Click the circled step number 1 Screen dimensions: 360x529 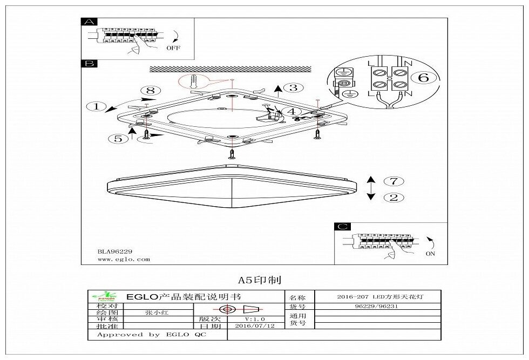(97, 106)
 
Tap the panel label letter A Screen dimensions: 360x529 (89, 22)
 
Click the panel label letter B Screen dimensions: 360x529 (89, 64)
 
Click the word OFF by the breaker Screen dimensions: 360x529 (173, 47)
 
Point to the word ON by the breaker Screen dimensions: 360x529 (431, 254)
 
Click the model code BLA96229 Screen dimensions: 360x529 (114, 251)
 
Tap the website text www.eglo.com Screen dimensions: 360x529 (124, 260)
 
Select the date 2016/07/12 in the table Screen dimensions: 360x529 (252, 327)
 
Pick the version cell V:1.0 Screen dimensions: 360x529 (252, 319)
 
